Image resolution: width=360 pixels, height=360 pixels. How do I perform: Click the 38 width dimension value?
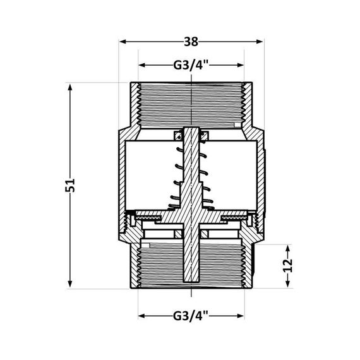[x=191, y=42]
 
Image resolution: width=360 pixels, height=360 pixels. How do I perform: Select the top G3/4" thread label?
[x=191, y=65]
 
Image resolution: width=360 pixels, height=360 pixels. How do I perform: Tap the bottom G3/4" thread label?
[x=191, y=315]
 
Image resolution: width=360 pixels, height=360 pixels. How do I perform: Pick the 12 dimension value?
[x=288, y=266]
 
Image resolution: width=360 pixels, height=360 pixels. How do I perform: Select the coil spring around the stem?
[x=191, y=171]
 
